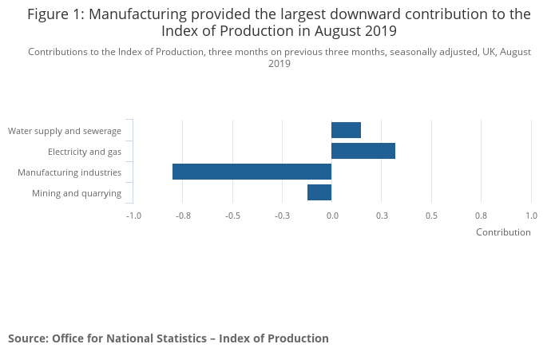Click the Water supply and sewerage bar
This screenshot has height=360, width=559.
click(346, 130)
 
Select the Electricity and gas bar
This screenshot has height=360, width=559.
click(363, 151)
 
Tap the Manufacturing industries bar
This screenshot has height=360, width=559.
click(252, 172)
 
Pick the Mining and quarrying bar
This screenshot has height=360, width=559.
click(319, 192)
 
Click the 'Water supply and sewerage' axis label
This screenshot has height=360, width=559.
click(65, 131)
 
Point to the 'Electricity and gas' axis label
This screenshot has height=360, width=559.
click(85, 152)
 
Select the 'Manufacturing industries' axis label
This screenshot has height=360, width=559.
click(69, 172)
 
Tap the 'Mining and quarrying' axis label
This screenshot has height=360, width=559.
click(77, 193)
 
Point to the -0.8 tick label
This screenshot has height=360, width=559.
click(183, 216)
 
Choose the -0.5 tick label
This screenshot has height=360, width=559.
click(232, 216)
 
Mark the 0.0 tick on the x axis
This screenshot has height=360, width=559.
click(332, 216)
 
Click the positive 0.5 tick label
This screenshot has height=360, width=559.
click(431, 216)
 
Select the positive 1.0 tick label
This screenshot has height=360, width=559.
click(531, 216)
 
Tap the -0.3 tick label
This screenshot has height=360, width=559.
click(282, 216)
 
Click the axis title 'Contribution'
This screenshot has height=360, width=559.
click(503, 232)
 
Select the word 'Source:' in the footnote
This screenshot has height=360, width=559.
click(28, 338)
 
